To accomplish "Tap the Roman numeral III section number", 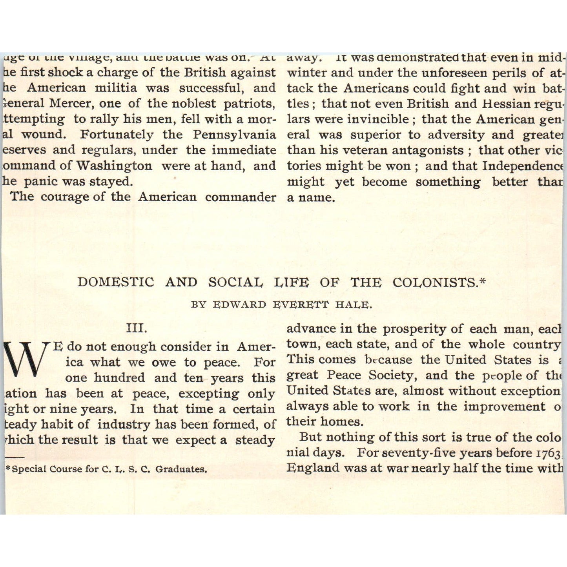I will (x=137, y=328).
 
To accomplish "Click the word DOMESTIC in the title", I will (x=116, y=282).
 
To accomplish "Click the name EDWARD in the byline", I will (x=239, y=304).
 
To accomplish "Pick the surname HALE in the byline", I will (x=357, y=304).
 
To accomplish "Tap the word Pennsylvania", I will (x=234, y=134).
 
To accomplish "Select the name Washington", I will (x=114, y=166).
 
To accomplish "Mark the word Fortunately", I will (x=117, y=134).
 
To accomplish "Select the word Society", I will (x=391, y=375).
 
